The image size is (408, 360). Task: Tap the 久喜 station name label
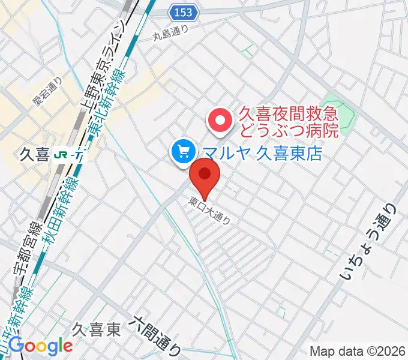point(34,155)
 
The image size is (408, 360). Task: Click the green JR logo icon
point(61,155)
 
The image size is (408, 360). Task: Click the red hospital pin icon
point(220,121)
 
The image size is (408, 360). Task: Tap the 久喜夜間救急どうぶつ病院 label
point(289,121)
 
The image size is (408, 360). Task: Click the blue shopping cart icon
point(182,152)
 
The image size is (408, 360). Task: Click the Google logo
point(41,346)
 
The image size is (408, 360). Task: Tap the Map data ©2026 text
point(358,351)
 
